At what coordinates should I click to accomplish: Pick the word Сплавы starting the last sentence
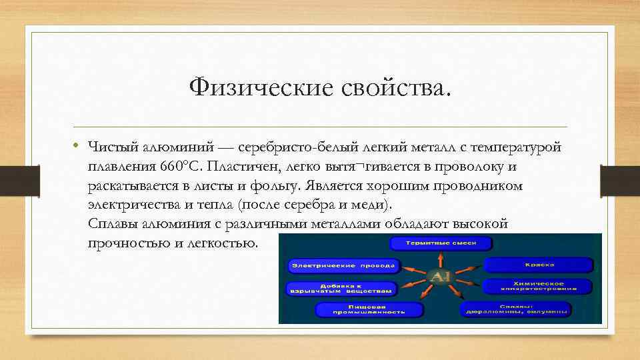tap(111, 224)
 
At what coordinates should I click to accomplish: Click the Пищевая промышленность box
tap(369, 309)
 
